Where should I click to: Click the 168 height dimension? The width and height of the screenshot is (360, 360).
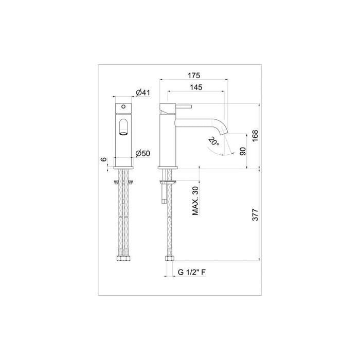pyautogui.click(x=255, y=136)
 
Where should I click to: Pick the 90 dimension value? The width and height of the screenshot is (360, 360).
pyautogui.click(x=242, y=151)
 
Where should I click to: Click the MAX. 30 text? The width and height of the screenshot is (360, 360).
pyautogui.click(x=196, y=201)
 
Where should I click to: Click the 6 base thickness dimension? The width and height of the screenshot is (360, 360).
pyautogui.click(x=103, y=160)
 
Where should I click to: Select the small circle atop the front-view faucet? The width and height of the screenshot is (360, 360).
pyautogui.click(x=123, y=105)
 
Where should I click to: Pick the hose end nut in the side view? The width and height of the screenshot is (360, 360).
pyautogui.click(x=168, y=259)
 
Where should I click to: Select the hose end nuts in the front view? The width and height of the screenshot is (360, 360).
pyautogui.click(x=123, y=260)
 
